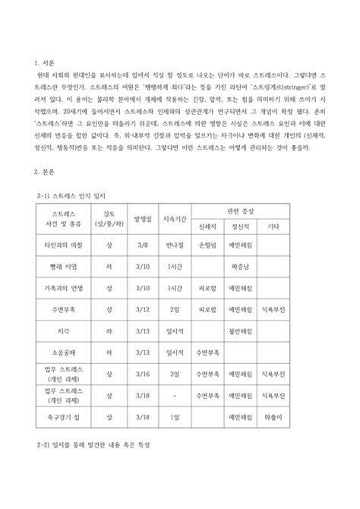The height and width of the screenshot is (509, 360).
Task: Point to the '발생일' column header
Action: coord(141,218)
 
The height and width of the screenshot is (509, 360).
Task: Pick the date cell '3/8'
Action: coord(141,247)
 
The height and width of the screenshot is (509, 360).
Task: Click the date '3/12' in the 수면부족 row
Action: coord(141,311)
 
